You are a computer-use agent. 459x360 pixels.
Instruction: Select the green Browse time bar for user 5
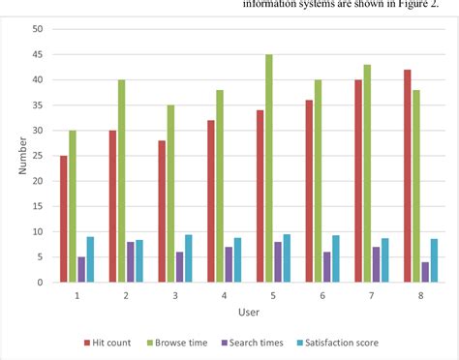point(268,168)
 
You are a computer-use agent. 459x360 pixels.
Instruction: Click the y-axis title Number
point(20,156)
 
